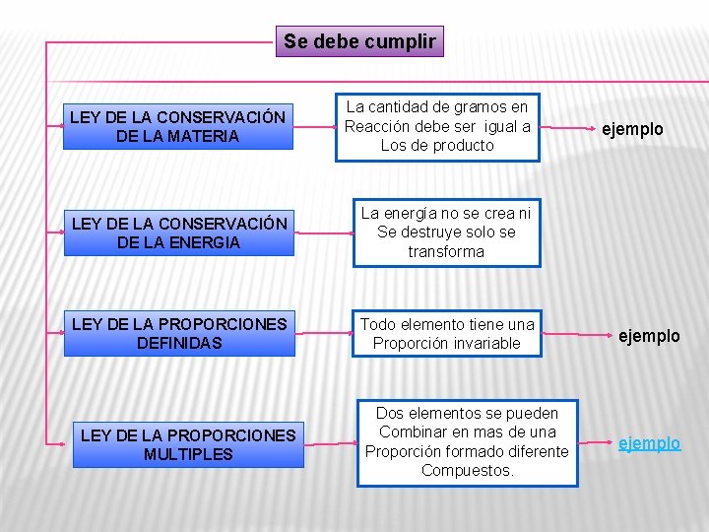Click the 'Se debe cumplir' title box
click(x=359, y=41)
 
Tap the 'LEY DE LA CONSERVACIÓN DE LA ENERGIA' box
click(x=178, y=233)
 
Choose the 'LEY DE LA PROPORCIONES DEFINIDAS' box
click(x=179, y=334)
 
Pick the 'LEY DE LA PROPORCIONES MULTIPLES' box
click(x=188, y=444)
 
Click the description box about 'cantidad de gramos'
click(x=437, y=126)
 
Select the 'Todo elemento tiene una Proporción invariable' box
click(x=447, y=334)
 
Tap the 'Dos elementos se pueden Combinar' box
click(x=467, y=442)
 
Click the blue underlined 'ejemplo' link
click(x=649, y=443)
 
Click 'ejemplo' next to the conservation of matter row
click(x=633, y=129)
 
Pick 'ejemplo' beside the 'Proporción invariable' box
click(x=649, y=336)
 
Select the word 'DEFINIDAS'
click(x=180, y=343)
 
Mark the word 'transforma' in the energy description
click(x=446, y=251)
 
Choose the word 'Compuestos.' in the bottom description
click(x=467, y=471)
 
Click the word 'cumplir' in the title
click(x=400, y=41)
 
